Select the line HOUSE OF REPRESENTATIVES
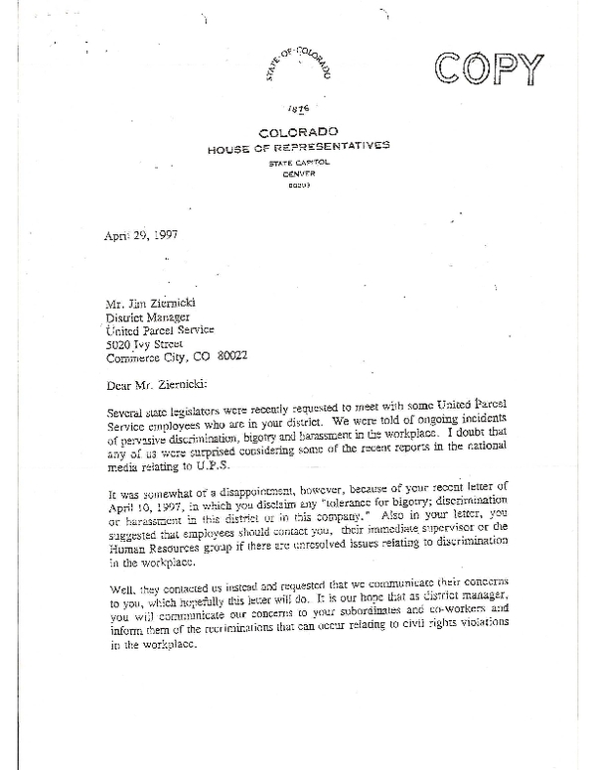pyautogui.click(x=298, y=147)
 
